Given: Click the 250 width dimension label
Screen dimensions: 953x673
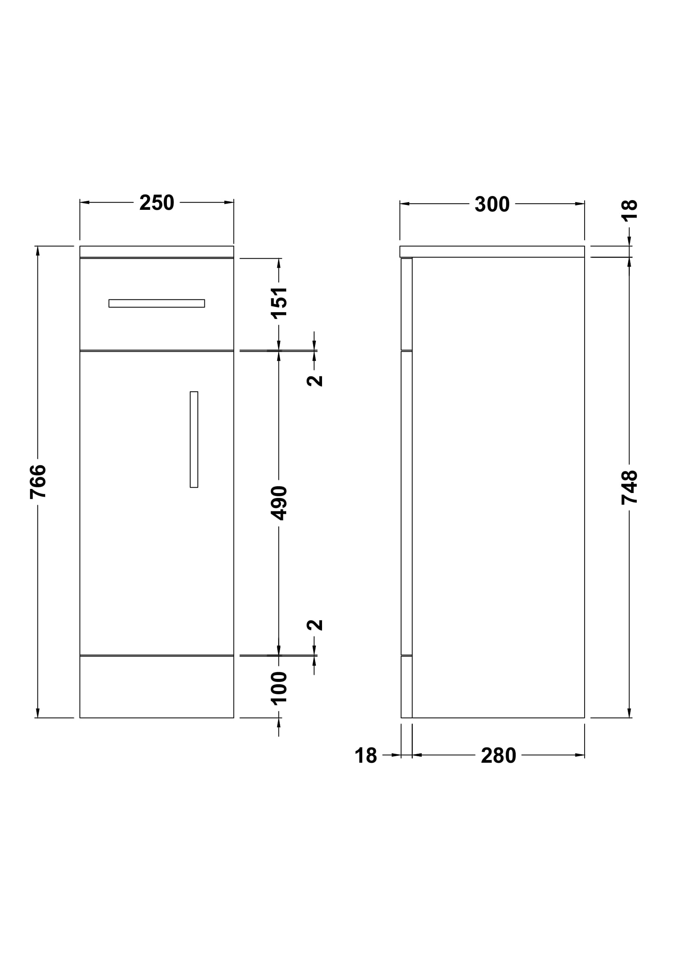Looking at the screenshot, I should tap(157, 203).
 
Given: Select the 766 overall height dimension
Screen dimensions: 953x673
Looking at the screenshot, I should tap(38, 482).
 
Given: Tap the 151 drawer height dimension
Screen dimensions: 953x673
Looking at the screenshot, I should tap(279, 303).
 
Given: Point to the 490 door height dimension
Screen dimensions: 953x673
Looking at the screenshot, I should tap(279, 503).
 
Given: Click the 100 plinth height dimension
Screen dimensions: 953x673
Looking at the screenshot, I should tap(279, 688).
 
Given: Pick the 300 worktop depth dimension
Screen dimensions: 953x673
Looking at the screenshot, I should tap(492, 204).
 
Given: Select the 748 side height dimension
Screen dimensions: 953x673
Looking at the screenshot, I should tap(629, 487).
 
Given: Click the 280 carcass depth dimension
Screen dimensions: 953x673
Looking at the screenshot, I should tap(498, 756).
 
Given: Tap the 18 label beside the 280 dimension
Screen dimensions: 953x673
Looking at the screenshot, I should tap(366, 756).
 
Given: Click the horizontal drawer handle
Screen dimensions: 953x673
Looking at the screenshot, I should tap(157, 304).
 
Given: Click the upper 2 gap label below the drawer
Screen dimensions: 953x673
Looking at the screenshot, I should tap(315, 380).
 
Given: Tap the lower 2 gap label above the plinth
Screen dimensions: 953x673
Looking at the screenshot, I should tap(315, 625).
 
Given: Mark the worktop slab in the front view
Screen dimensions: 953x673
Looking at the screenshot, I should tap(157, 251).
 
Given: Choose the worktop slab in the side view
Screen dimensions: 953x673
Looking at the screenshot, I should tap(492, 251).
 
